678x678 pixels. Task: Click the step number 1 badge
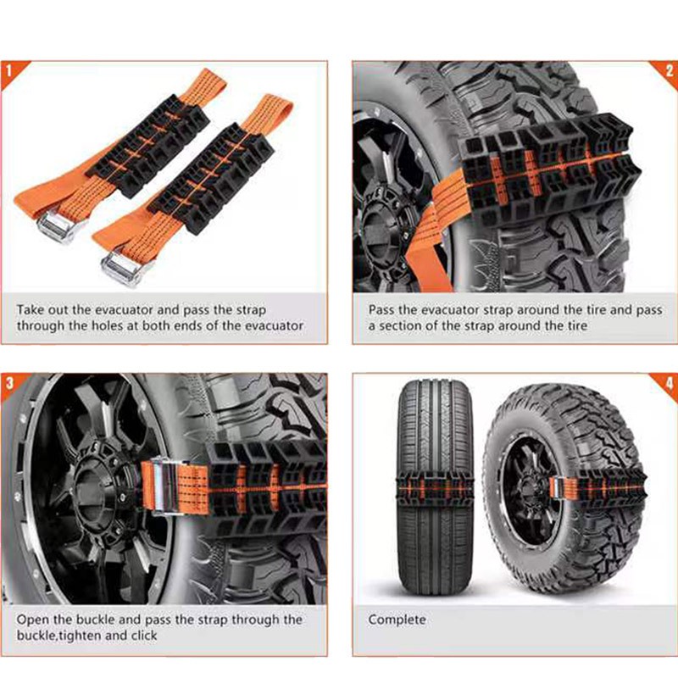pyautogui.click(x=8, y=71)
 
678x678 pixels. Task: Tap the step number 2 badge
pyautogui.click(x=669, y=71)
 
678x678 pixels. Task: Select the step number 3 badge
pyautogui.click(x=9, y=383)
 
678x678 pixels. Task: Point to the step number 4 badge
pyautogui.click(x=669, y=383)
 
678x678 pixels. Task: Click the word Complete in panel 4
pyautogui.click(x=397, y=620)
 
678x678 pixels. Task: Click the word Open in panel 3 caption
pyautogui.click(x=33, y=620)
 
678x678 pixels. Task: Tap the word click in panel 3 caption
pyautogui.click(x=143, y=636)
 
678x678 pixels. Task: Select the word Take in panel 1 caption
pyautogui.click(x=31, y=310)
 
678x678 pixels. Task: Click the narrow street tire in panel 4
pyautogui.click(x=435, y=488)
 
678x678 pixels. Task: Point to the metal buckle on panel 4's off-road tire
pyautogui.click(x=557, y=488)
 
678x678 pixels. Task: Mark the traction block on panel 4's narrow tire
pyautogui.click(x=435, y=489)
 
